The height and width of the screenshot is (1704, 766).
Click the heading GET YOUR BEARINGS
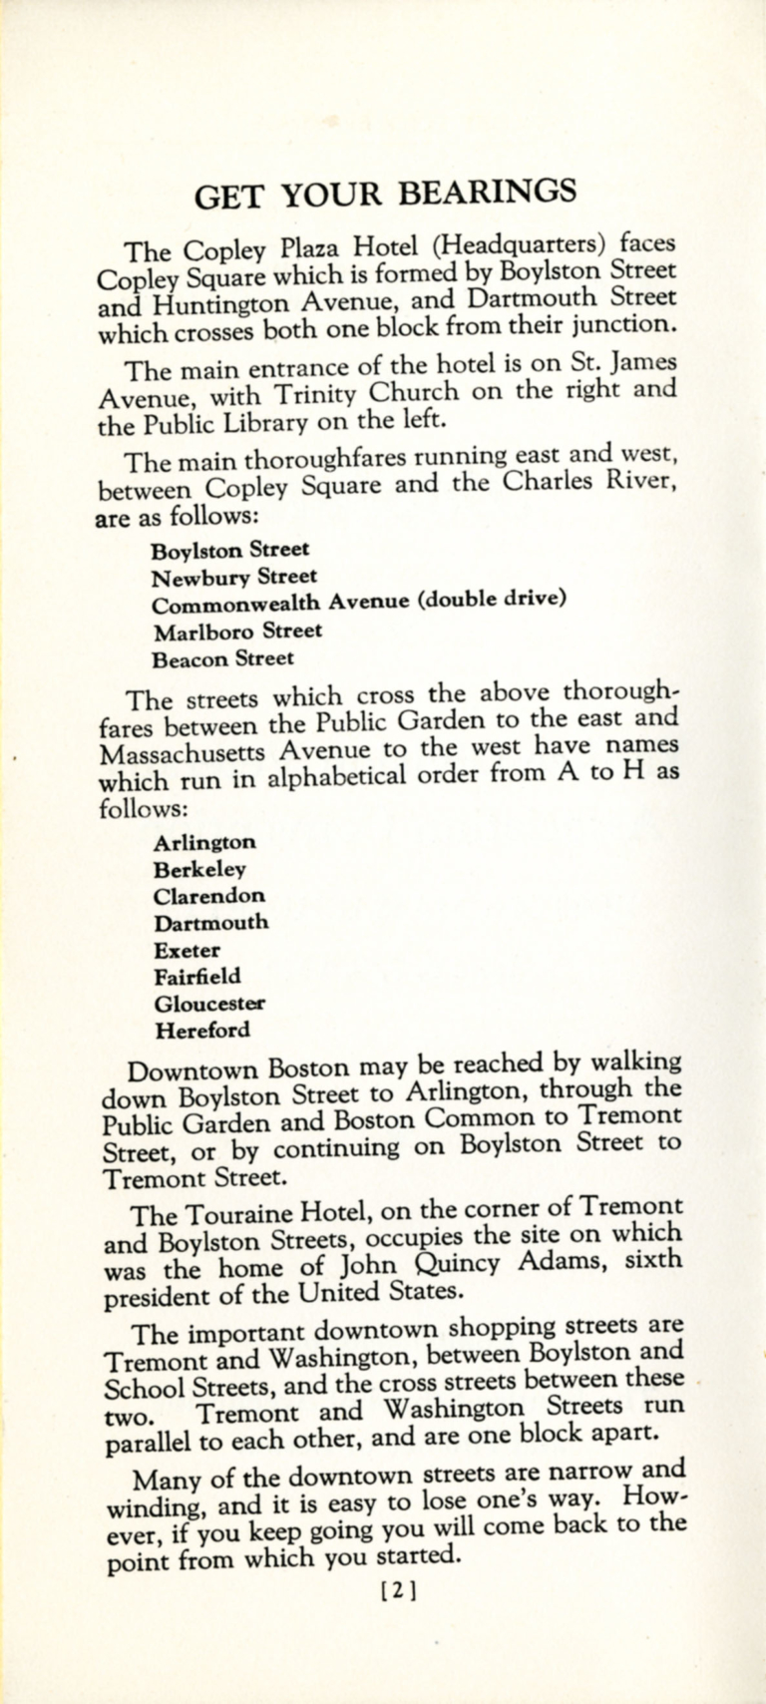coord(385,192)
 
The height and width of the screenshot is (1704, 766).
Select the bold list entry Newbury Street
coord(234,577)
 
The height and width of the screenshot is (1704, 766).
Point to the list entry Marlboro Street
coord(237,631)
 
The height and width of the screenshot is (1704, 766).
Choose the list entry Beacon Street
coord(223,658)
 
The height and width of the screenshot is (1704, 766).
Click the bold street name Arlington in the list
coord(204,842)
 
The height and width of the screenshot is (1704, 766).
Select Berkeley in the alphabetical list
coord(199,869)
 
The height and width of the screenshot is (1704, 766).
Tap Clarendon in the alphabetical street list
coord(209,896)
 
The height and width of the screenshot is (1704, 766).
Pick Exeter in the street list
coord(188,950)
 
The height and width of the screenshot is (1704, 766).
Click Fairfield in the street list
coord(197,977)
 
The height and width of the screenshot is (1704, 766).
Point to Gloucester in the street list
coord(209,1004)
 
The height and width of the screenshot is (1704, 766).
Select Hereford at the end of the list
coord(201,1031)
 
